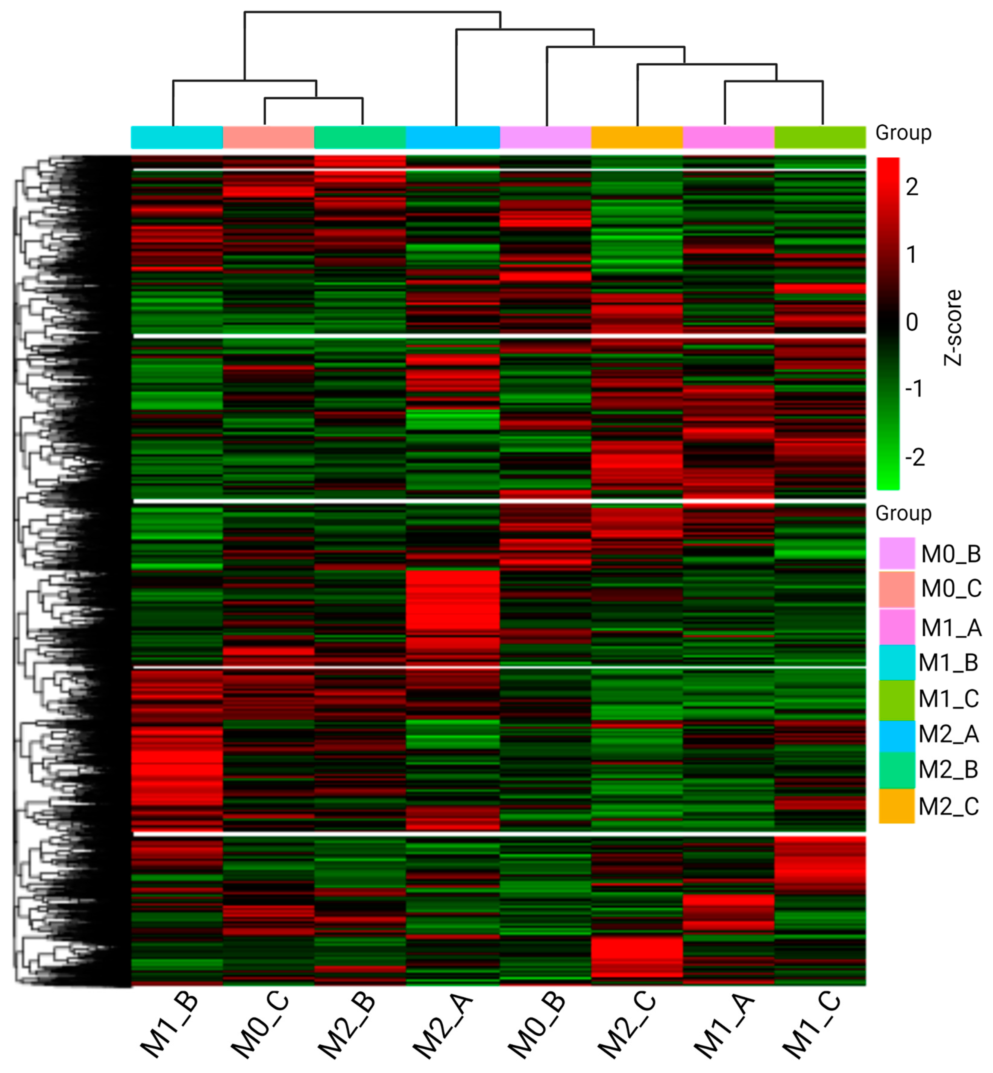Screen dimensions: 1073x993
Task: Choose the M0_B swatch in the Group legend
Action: [x=896, y=553]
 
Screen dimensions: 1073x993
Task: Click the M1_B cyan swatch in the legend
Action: [x=896, y=663]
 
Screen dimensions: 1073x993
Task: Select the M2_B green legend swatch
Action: [x=896, y=770]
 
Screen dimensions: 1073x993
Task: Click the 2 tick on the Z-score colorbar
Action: [x=912, y=187]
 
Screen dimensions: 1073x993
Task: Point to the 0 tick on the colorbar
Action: [x=912, y=322]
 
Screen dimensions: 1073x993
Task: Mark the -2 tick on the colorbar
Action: [x=915, y=457]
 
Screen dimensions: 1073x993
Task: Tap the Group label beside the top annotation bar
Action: [x=903, y=133]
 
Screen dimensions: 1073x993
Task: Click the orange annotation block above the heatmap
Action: [x=637, y=137]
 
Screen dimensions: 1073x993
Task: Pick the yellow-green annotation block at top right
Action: [x=820, y=137]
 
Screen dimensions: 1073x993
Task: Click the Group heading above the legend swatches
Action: [x=903, y=513]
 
